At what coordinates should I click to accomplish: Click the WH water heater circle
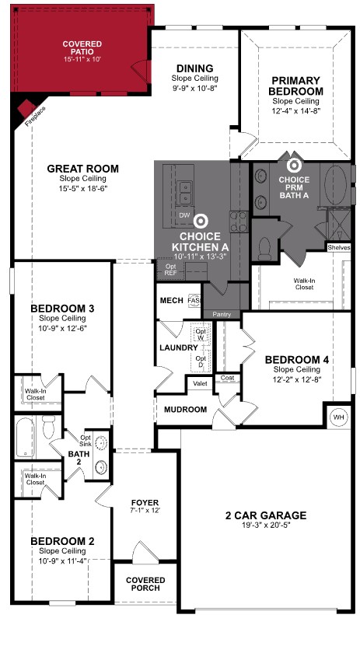339,417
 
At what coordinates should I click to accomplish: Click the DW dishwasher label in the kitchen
184,215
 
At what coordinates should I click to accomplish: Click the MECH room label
170,301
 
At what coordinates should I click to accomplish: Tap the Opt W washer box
201,334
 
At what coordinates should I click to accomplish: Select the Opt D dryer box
201,361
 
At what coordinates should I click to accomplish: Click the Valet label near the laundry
199,384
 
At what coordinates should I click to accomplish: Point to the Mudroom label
185,410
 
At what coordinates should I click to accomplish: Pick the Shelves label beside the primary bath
339,248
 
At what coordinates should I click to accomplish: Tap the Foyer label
145,504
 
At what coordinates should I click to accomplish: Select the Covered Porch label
145,584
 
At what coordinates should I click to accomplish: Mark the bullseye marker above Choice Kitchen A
200,222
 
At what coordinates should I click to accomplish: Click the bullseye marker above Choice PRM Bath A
294,165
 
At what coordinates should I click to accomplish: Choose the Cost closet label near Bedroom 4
227,378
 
